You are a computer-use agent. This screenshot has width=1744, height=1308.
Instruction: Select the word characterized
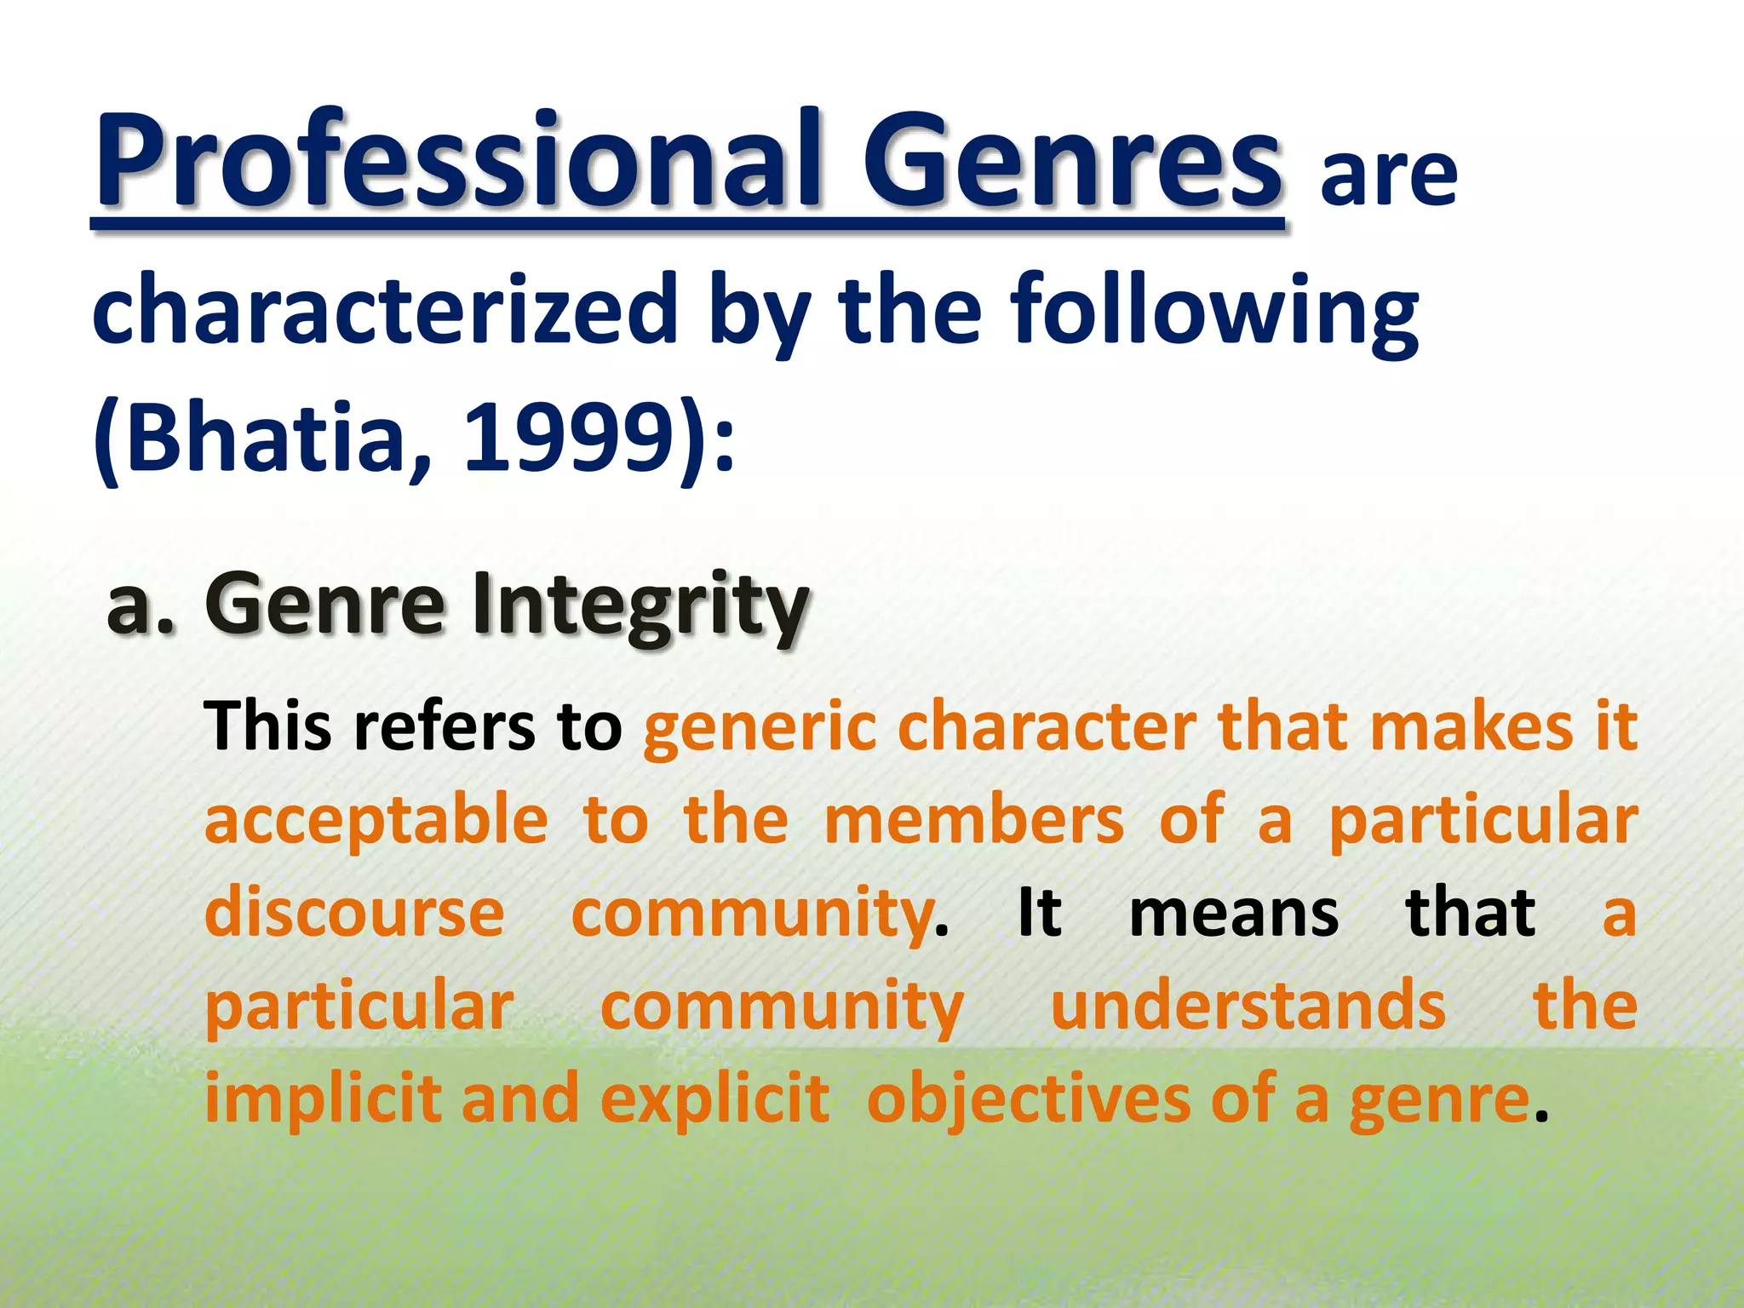[384, 311]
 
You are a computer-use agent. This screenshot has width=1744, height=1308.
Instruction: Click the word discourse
[354, 912]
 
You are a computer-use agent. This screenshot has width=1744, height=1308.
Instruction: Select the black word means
[1234, 912]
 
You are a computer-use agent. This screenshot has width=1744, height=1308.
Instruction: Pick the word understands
[1248, 1006]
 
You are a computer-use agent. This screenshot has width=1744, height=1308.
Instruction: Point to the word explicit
[714, 1099]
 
